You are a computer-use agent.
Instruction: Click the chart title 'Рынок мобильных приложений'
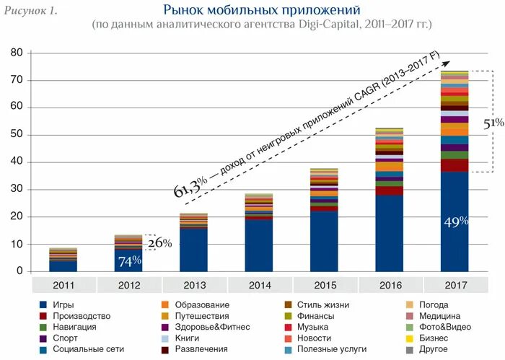(261, 10)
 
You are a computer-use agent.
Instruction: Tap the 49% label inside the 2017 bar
(454, 221)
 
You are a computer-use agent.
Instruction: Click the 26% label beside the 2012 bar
(159, 243)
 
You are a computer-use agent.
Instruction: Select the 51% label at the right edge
(493, 123)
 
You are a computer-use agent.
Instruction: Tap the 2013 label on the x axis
(193, 285)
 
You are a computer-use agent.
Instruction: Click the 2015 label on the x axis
(323, 285)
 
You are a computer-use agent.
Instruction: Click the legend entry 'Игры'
(63, 305)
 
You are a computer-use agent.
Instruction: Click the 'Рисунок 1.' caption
(32, 11)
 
